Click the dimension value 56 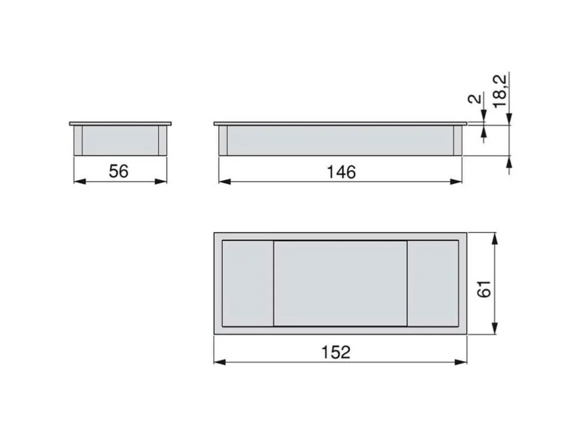click(119, 171)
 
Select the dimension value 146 click(341, 172)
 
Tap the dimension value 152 click(335, 352)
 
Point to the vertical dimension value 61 click(485, 289)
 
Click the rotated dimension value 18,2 click(500, 91)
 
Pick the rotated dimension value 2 click(476, 99)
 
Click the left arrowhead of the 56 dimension click(80, 181)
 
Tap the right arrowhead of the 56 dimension click(161, 181)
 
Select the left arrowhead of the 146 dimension click(225, 181)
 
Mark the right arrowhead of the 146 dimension click(456, 181)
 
